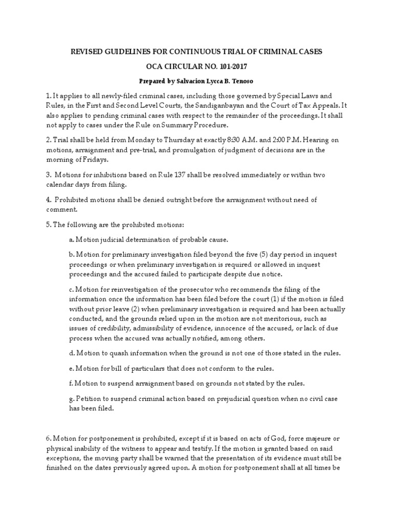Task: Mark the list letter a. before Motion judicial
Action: tap(71, 240)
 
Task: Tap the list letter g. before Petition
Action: tap(72, 398)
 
